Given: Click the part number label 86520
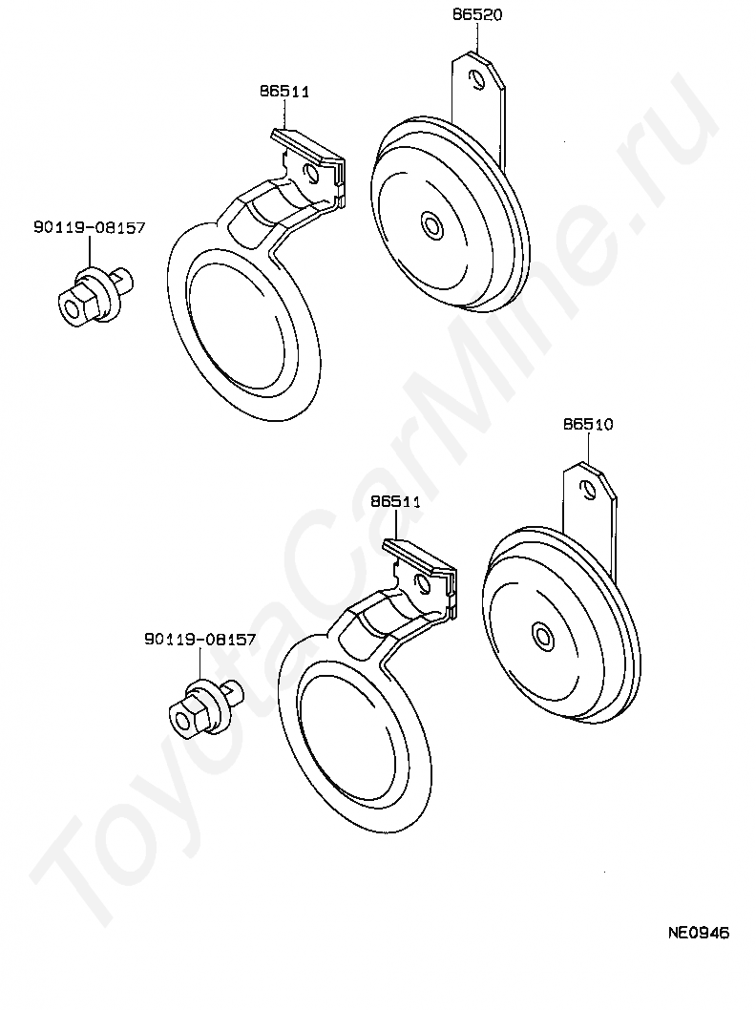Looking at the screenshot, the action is coord(477,13).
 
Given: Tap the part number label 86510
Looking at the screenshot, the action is coord(588,424).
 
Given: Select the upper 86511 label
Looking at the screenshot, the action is coord(284,92).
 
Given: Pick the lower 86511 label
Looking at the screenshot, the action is coord(395,501).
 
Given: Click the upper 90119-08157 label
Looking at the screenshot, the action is coord(90,227).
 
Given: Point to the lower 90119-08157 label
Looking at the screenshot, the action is coord(200,639).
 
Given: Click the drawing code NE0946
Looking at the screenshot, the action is coord(698,932).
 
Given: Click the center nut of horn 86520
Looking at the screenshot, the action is coord(429,223).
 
